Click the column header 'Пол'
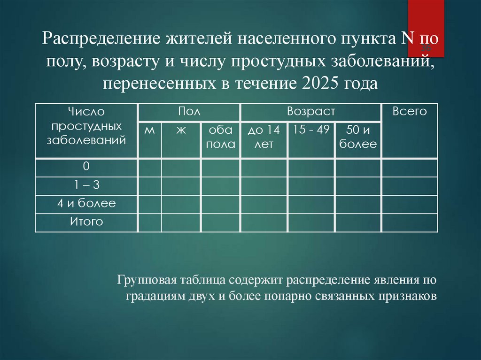tap(189, 112)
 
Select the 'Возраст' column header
tap(311, 112)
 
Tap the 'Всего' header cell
tap(410, 112)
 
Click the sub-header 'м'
tap(149, 130)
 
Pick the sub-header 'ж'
tap(181, 130)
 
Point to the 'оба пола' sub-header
tap(221, 137)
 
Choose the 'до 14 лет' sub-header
tap(264, 137)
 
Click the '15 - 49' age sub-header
tap(311, 130)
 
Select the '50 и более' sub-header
tap(358, 137)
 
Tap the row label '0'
tap(86, 167)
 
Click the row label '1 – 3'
tap(86, 185)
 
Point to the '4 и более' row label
tap(86, 204)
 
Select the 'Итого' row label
tap(86, 222)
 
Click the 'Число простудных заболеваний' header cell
tap(86, 126)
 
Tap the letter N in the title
tap(407, 38)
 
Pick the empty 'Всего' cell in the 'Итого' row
tap(410, 222)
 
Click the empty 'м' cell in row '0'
tap(149, 168)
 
